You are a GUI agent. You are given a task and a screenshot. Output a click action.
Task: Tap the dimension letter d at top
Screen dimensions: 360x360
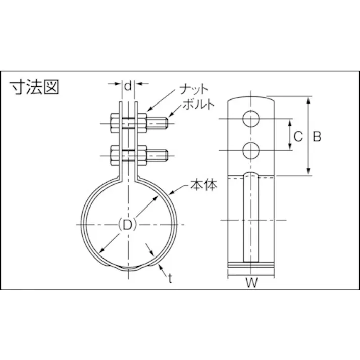(128, 86)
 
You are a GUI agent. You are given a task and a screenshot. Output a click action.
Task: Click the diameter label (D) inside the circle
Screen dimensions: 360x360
(127, 225)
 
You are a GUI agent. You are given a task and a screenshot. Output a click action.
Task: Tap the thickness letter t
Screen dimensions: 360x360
(170, 279)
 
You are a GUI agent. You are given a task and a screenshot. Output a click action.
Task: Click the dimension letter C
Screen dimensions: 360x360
(298, 136)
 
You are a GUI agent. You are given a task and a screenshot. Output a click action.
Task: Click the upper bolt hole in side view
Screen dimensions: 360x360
(251, 119)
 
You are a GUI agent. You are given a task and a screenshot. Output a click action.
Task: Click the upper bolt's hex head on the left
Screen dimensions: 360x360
(114, 122)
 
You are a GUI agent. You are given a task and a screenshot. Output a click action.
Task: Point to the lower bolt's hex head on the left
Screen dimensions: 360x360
(114, 156)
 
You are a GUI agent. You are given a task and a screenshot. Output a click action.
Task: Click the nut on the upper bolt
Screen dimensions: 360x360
(141, 122)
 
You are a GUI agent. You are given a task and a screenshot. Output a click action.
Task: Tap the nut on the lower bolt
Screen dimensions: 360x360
(141, 156)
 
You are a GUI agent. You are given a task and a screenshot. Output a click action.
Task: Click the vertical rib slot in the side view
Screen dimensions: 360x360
(251, 217)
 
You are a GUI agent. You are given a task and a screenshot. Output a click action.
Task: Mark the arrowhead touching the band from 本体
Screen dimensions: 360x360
(174, 192)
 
